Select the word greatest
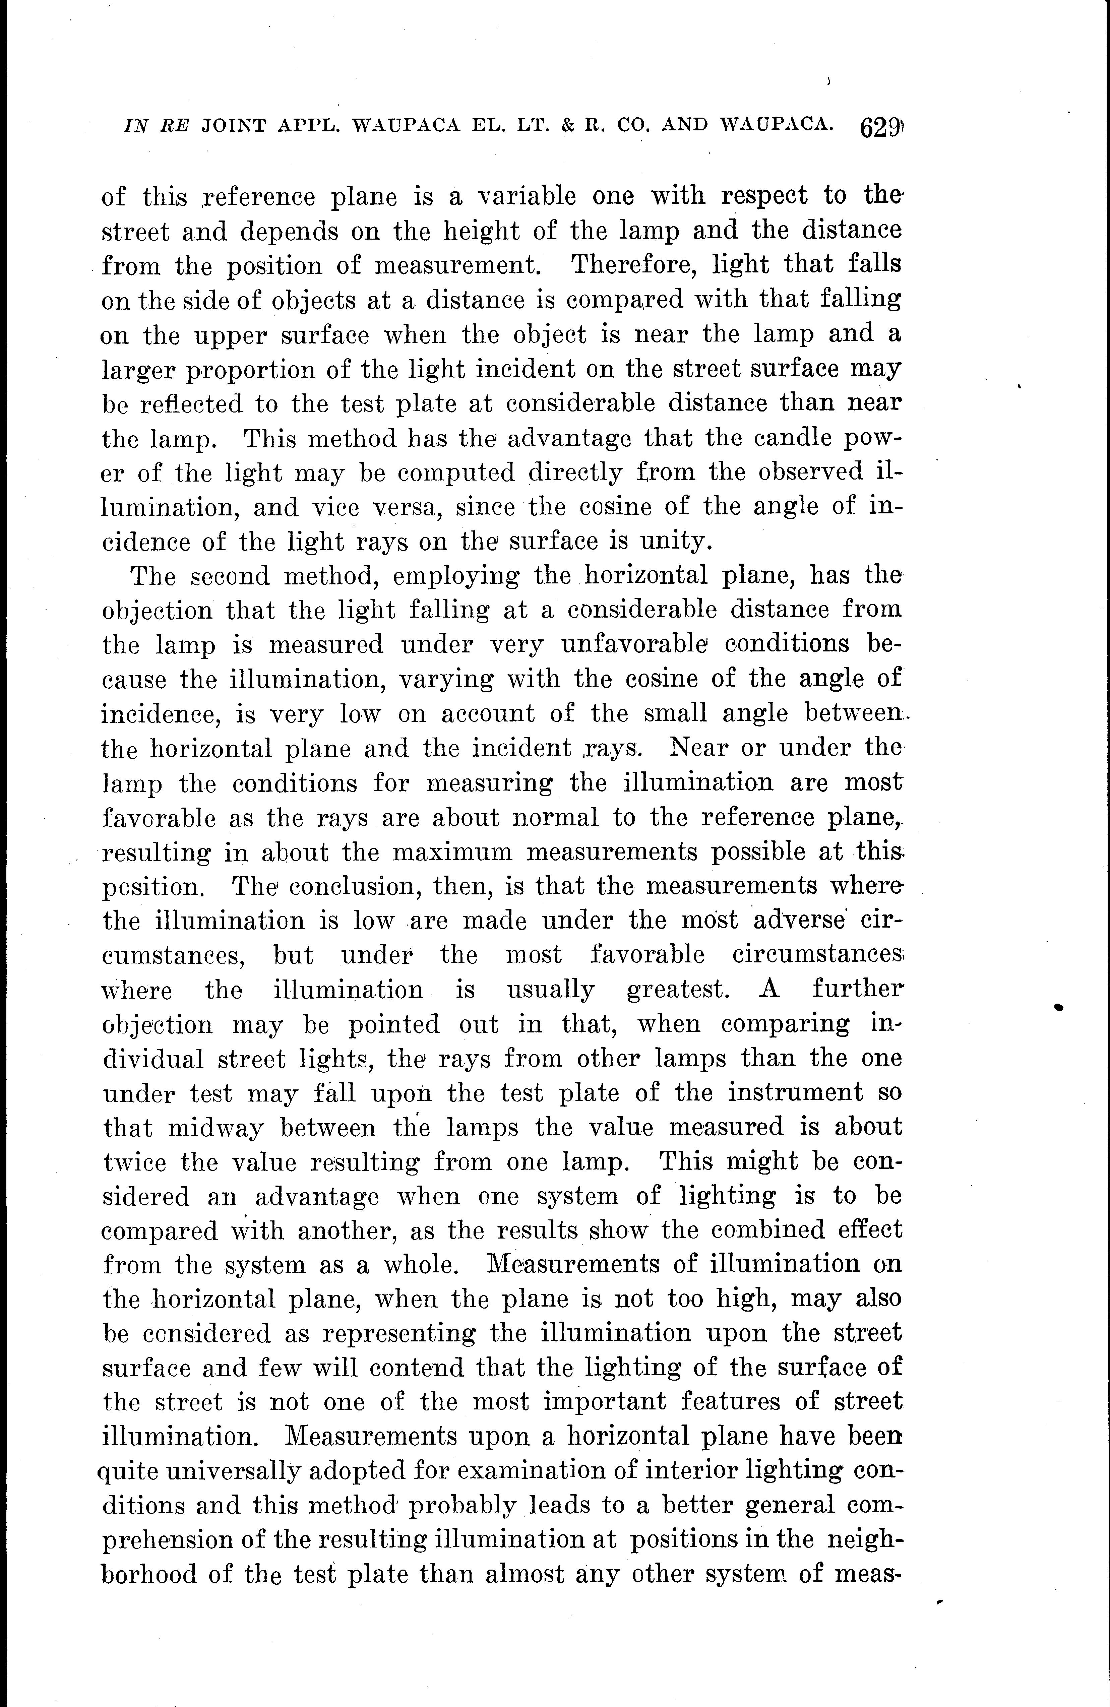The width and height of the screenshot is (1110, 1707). click(678, 990)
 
